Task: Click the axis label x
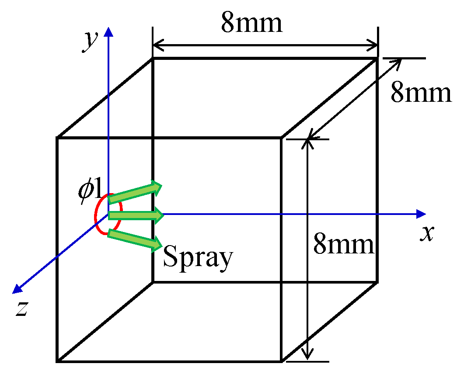427,234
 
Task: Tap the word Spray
197,257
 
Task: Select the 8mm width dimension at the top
252,23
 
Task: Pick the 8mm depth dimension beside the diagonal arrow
421,93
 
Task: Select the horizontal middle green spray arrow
136,215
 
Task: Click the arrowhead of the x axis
422,214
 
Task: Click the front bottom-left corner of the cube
57,361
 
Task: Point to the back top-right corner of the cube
377,58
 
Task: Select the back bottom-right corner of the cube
377,282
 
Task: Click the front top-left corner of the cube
57,138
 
